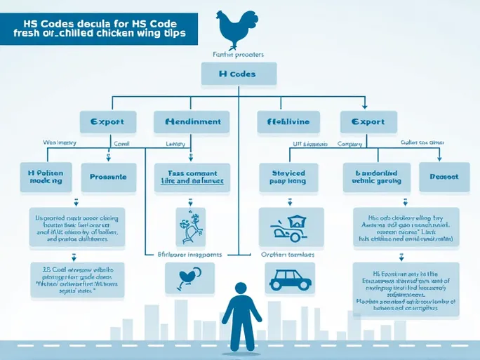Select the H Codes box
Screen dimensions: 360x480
tap(239, 73)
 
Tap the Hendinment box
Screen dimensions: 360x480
tap(192, 122)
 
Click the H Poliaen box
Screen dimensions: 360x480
tap(45, 176)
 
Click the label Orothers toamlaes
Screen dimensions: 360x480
tap(288, 255)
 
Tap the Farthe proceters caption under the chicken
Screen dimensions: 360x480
tap(239, 53)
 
